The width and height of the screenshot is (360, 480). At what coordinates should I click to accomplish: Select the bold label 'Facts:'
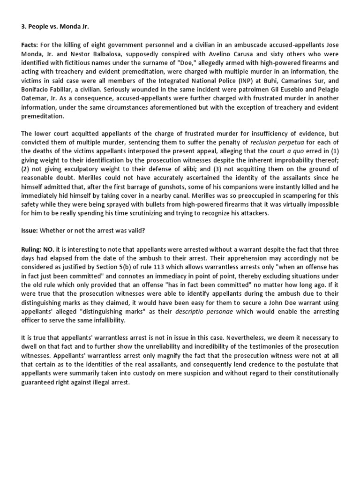tap(30, 45)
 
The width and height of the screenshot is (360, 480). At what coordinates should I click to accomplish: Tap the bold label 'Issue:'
tap(30, 231)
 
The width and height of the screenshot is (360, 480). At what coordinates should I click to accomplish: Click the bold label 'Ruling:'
tap(32, 249)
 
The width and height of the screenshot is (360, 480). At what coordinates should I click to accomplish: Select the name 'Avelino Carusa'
tap(229, 53)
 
